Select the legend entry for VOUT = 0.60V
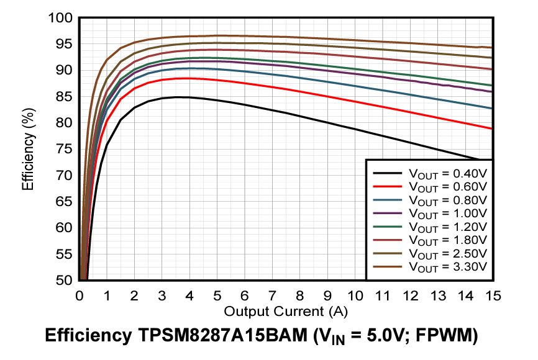click(447, 186)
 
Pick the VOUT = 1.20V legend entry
click(447, 226)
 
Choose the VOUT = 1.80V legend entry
click(447, 240)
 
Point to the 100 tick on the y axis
click(62, 17)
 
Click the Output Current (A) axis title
click(285, 311)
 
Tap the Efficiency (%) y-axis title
click(27, 149)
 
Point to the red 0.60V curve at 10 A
click(355, 101)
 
